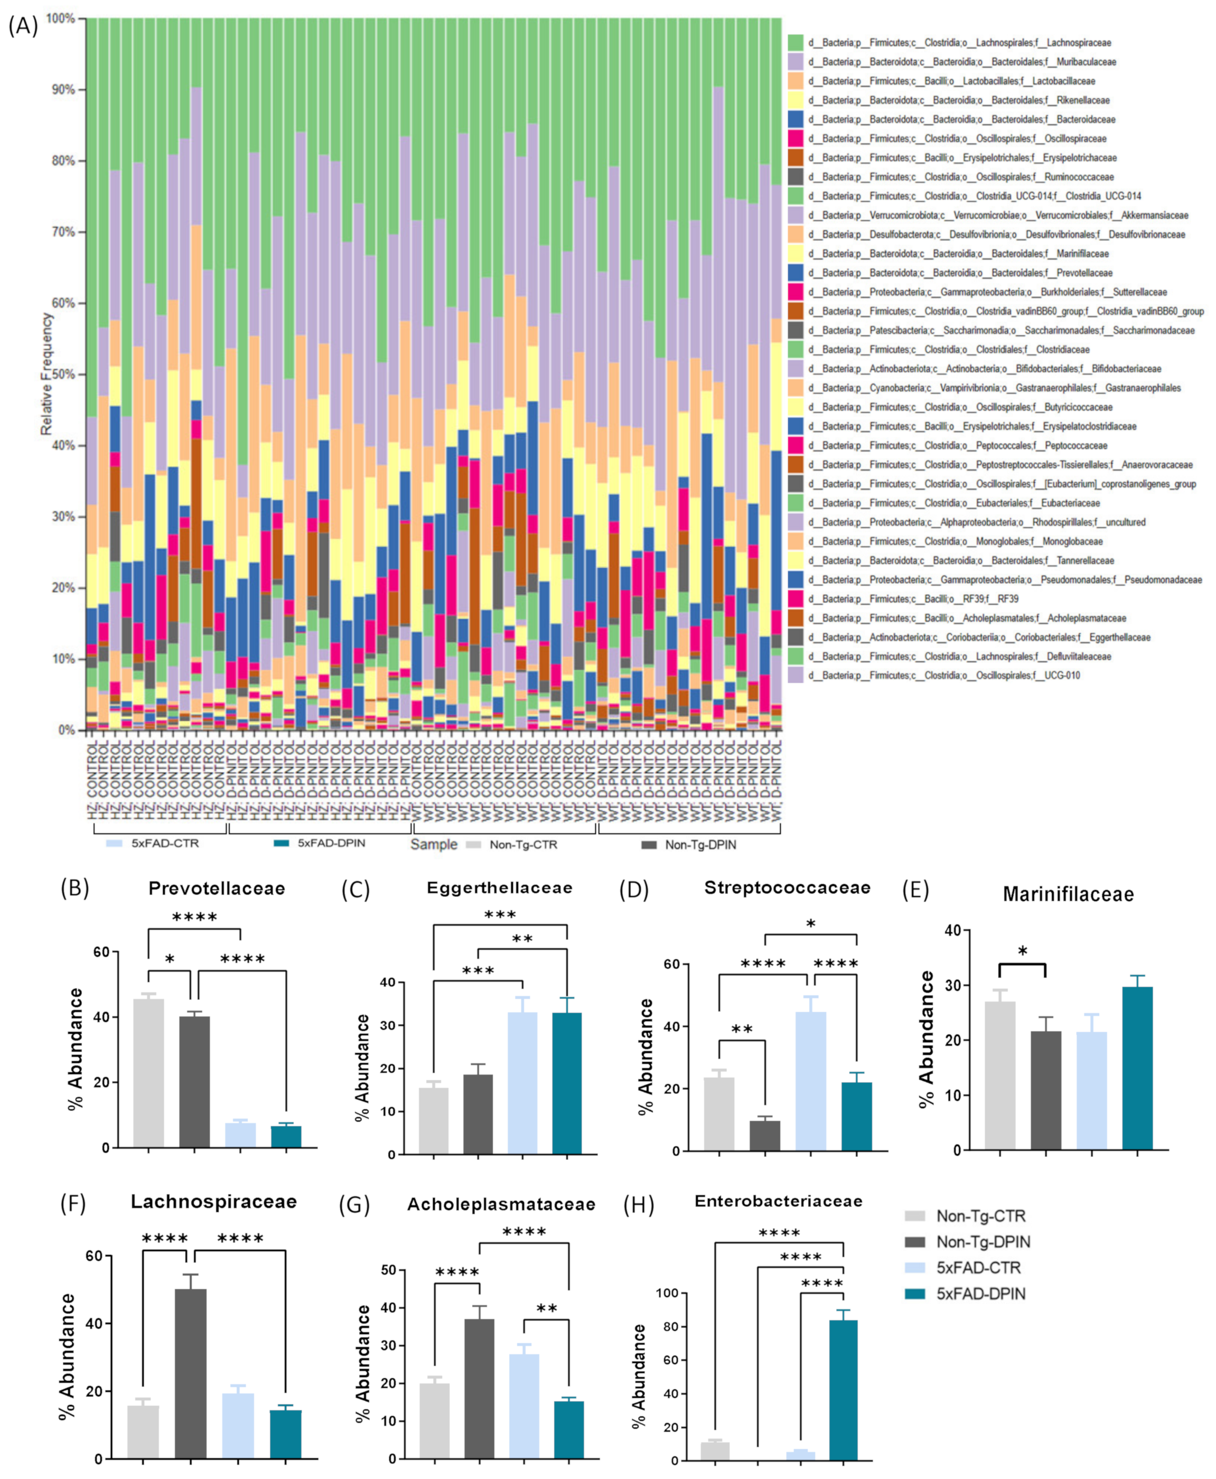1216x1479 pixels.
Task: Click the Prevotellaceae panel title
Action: [217, 888]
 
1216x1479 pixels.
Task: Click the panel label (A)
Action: [22, 26]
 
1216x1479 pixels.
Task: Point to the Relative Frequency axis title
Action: [47, 373]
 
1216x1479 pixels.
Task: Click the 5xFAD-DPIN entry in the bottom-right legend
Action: [980, 1294]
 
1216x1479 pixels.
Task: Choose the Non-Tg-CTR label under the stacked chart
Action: [523, 845]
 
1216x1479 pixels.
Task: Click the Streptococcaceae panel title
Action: [787, 888]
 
